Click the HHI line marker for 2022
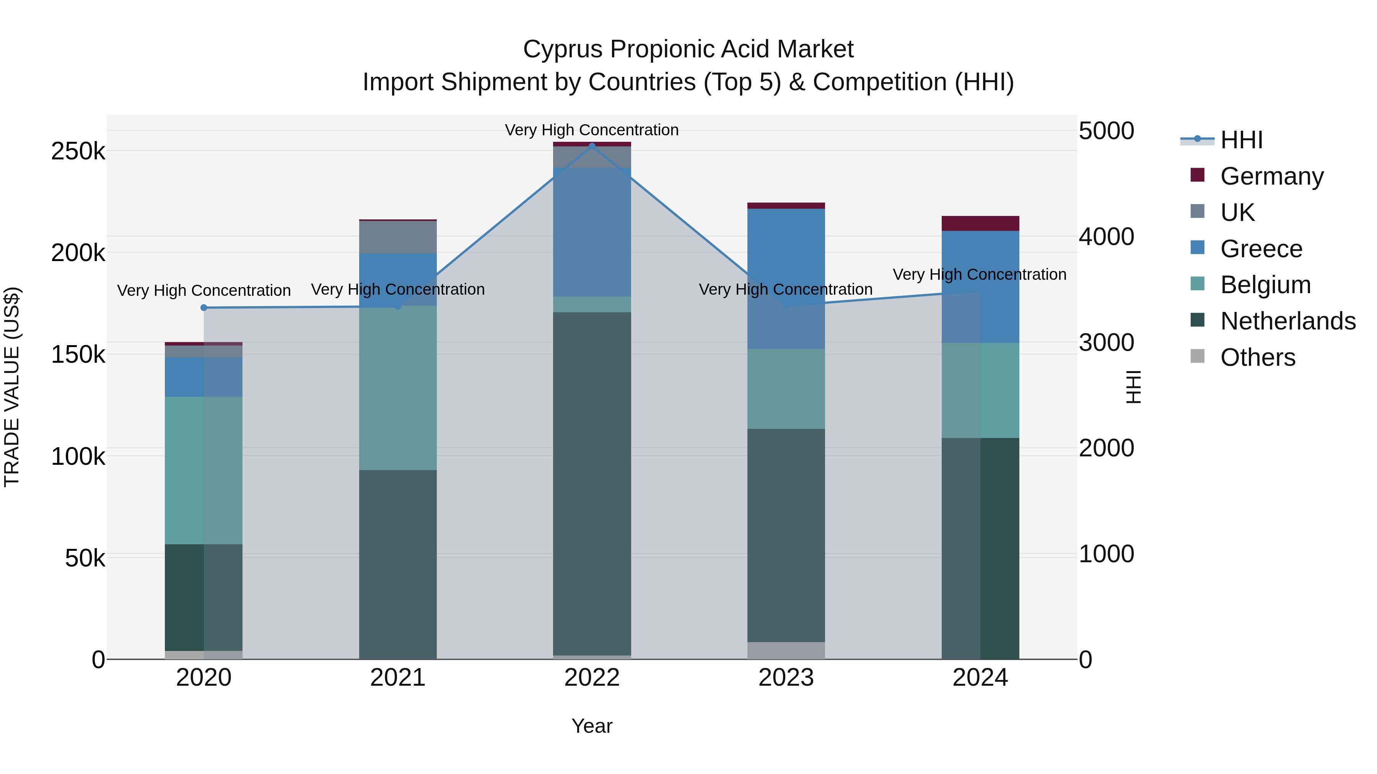pyautogui.click(x=592, y=146)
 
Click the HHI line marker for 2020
pyautogui.click(x=203, y=308)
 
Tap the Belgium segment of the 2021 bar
pyautogui.click(x=398, y=388)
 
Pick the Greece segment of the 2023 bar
pyautogui.click(x=786, y=278)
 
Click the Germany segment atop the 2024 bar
pyautogui.click(x=980, y=223)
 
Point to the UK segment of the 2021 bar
pyautogui.click(x=398, y=237)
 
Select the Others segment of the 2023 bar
pyautogui.click(x=786, y=650)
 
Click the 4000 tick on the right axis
pyautogui.click(x=1106, y=237)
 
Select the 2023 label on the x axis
pyautogui.click(x=786, y=678)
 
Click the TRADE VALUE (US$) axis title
pyautogui.click(x=12, y=387)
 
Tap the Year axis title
pyautogui.click(x=592, y=726)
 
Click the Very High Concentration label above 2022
pyautogui.click(x=592, y=130)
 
